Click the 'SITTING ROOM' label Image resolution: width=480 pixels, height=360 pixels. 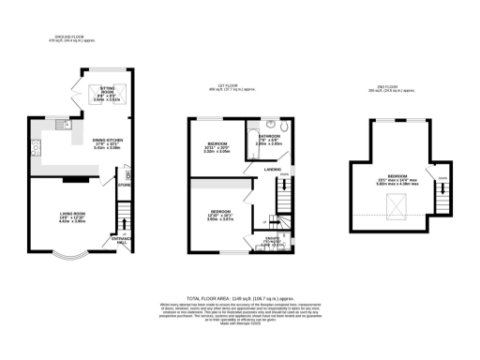(97, 87)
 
